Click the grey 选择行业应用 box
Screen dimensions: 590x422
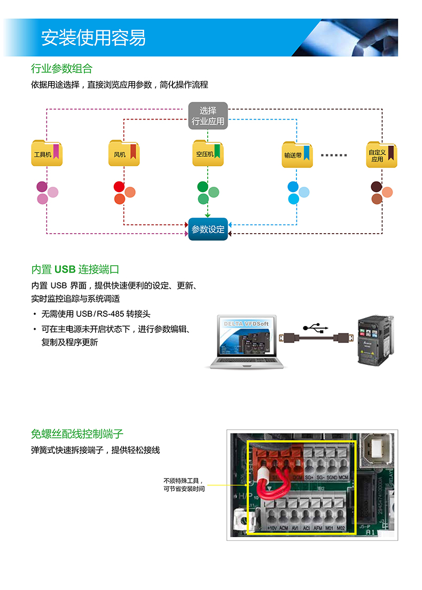(x=208, y=116)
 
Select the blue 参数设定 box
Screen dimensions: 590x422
(x=208, y=229)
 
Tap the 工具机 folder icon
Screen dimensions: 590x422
(x=46, y=154)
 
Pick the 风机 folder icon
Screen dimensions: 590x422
(x=124, y=154)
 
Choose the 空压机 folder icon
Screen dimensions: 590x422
(x=208, y=154)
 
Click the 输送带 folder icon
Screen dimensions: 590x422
(x=297, y=155)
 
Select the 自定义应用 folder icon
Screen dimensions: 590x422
(x=381, y=155)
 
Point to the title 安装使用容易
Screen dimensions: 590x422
(x=93, y=38)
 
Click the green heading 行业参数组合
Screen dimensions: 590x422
(x=61, y=68)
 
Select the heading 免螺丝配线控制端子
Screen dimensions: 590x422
(x=77, y=433)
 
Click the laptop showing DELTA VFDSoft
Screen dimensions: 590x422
(x=246, y=341)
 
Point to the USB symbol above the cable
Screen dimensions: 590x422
(x=315, y=326)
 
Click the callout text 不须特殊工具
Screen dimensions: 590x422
(x=183, y=481)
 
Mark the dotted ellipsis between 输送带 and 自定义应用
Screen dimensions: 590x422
(x=334, y=155)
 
